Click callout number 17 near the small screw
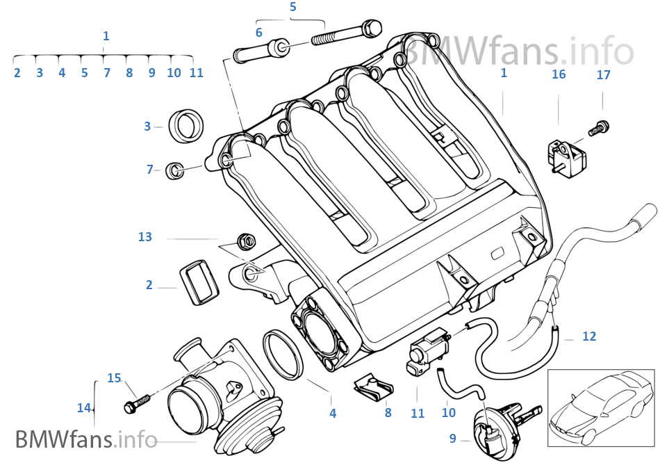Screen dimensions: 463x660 click(x=603, y=74)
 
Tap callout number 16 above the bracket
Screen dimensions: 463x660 click(x=559, y=74)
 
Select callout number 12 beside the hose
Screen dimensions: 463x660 click(x=589, y=336)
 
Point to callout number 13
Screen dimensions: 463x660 click(x=145, y=237)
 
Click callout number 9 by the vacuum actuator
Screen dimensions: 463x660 click(x=452, y=438)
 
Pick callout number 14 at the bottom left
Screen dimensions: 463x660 click(x=84, y=408)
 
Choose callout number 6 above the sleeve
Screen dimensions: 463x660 click(x=258, y=33)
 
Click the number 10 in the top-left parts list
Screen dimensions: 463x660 click(x=174, y=72)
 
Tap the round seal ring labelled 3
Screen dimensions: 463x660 click(x=187, y=125)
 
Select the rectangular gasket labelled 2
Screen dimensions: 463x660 click(x=199, y=282)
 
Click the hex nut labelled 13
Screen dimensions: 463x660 click(x=244, y=241)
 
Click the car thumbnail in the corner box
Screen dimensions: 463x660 click(x=600, y=407)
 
